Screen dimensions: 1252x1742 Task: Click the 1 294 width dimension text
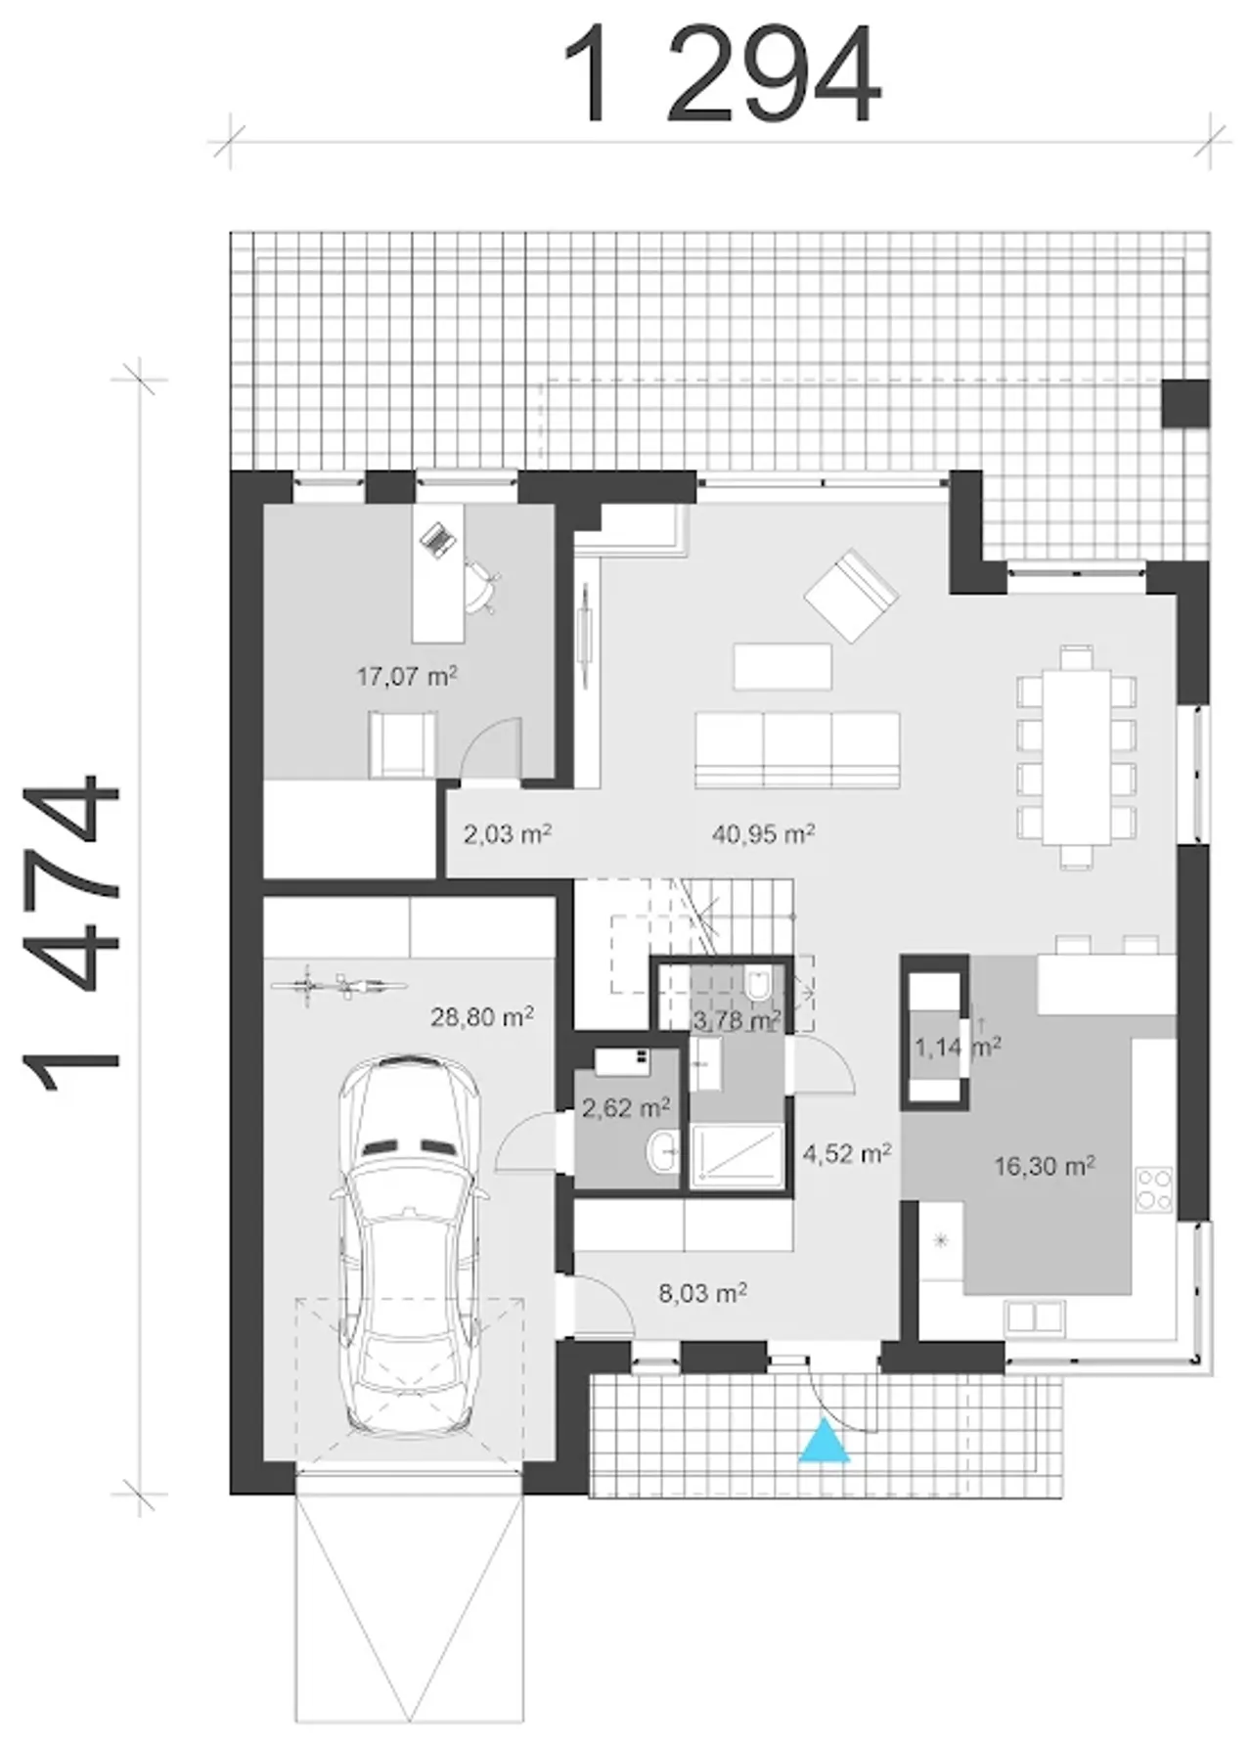pos(722,75)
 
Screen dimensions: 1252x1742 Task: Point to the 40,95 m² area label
pos(764,833)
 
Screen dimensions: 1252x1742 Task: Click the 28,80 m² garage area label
pos(482,1017)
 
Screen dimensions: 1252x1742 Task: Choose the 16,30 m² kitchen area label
pos(1044,1165)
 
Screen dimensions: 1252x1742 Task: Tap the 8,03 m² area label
pos(702,1293)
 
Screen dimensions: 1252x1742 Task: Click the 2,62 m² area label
pos(626,1107)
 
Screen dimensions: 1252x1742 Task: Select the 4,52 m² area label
pos(847,1153)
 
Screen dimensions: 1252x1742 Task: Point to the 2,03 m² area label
pos(508,834)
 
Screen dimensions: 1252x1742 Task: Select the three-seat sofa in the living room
pos(797,750)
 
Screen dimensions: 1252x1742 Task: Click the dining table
pos(1076,756)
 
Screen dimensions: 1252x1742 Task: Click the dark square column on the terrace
pos(1185,403)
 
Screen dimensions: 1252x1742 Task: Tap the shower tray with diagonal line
pos(737,1156)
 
